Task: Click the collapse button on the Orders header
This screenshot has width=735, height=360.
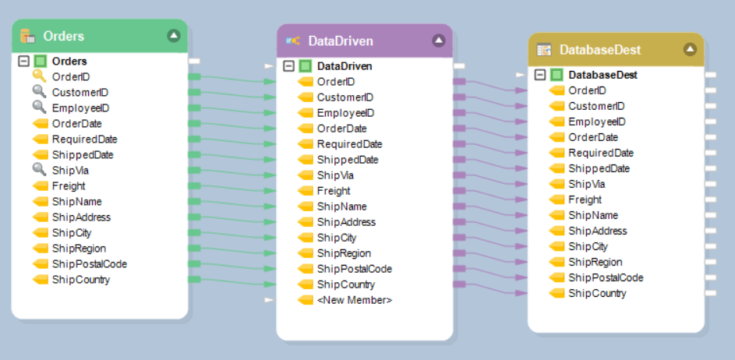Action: click(173, 36)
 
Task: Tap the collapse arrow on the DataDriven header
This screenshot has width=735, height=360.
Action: click(439, 41)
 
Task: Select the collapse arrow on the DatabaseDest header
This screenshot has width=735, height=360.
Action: click(690, 49)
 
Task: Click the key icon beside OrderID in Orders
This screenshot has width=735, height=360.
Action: click(40, 76)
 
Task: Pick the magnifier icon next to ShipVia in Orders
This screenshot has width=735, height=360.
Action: click(40, 170)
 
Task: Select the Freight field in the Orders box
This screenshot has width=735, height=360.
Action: click(69, 185)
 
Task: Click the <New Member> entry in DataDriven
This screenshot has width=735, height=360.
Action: click(355, 300)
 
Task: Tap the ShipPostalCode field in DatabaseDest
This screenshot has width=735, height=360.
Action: click(606, 277)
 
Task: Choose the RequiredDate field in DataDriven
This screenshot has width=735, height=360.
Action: click(349, 144)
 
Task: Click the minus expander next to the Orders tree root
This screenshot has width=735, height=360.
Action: click(23, 61)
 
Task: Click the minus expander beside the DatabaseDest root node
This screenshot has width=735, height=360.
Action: click(540, 75)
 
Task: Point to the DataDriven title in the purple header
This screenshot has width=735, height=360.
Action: click(341, 41)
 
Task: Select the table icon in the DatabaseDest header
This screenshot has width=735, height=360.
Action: click(544, 49)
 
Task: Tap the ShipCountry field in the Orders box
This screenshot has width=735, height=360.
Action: click(80, 279)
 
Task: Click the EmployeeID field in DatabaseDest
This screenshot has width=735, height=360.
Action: click(597, 122)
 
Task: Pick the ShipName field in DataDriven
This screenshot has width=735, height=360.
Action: click(341, 206)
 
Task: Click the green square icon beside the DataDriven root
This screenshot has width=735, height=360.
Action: click(306, 66)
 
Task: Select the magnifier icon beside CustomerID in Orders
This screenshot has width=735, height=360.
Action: click(40, 92)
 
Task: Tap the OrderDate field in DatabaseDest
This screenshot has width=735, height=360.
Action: click(593, 137)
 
